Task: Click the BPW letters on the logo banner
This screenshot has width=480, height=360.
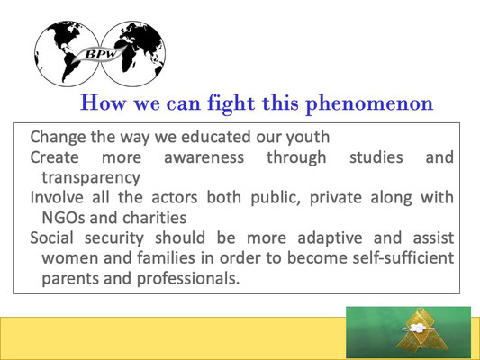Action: pyautogui.click(x=101, y=54)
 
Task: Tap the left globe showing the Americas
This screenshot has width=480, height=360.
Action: pyautogui.click(x=67, y=54)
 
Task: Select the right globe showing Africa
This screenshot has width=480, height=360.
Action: pyautogui.click(x=133, y=54)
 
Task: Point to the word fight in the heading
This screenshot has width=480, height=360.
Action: pyautogui.click(x=231, y=103)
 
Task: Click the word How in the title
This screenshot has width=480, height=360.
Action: pyautogui.click(x=103, y=103)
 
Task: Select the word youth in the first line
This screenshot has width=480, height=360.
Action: pyautogui.click(x=308, y=138)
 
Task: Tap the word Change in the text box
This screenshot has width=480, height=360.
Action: pyautogui.click(x=58, y=137)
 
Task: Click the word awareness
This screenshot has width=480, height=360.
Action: pyautogui.click(x=204, y=157)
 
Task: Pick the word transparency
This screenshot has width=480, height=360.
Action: pyautogui.click(x=91, y=178)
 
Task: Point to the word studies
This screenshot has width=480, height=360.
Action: pyautogui.click(x=376, y=157)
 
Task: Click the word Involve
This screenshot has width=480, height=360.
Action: pyautogui.click(x=57, y=198)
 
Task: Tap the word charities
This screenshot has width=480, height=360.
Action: pyautogui.click(x=154, y=218)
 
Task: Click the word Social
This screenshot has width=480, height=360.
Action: pyautogui.click(x=51, y=238)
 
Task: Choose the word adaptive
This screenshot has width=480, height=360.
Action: pyautogui.click(x=330, y=238)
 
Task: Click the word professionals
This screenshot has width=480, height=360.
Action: pyautogui.click(x=188, y=279)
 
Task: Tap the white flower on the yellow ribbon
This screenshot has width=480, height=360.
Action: pyautogui.click(x=417, y=328)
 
